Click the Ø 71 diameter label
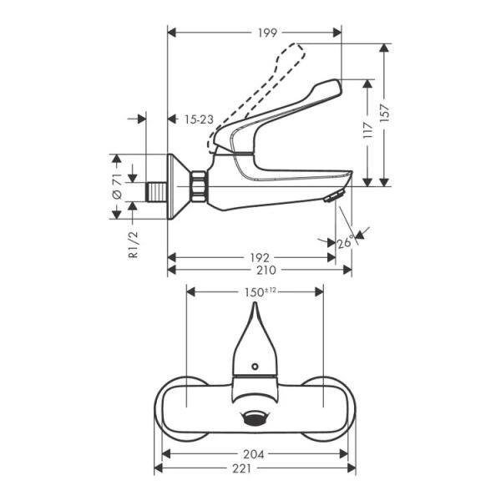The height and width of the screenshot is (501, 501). [x=118, y=186]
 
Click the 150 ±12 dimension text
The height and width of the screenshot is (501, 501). [x=259, y=291]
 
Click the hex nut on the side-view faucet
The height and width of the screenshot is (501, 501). [x=200, y=187]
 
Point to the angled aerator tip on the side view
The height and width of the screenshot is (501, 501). [x=332, y=196]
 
